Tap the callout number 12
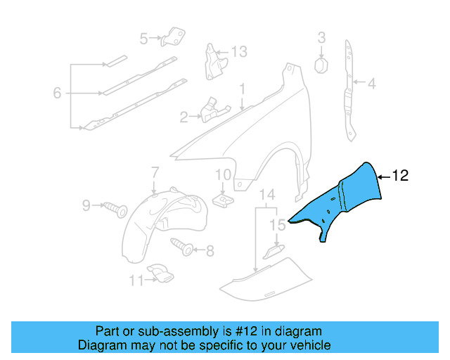[x=400, y=176]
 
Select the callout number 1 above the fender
[x=241, y=90]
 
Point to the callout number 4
[x=371, y=84]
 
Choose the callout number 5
[x=143, y=39]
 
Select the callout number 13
[x=239, y=51]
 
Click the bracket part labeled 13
[x=213, y=60]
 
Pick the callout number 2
[x=184, y=117]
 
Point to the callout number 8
[x=210, y=249]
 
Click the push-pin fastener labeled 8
[x=184, y=247]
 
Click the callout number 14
[x=266, y=195]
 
